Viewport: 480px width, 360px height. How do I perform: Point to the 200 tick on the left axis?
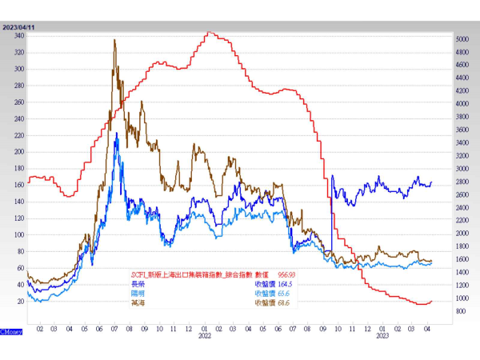pyautogui.click(x=18, y=152)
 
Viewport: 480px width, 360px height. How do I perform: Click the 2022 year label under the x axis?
pyautogui.click(x=204, y=335)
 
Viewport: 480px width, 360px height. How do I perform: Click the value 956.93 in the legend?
pyautogui.click(x=286, y=273)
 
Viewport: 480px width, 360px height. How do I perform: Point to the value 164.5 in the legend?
pyautogui.click(x=286, y=283)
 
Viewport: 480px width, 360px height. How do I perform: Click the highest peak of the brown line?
pyautogui.click(x=114, y=40)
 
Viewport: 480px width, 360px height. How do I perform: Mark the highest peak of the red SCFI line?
pyautogui.click(x=209, y=32)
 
